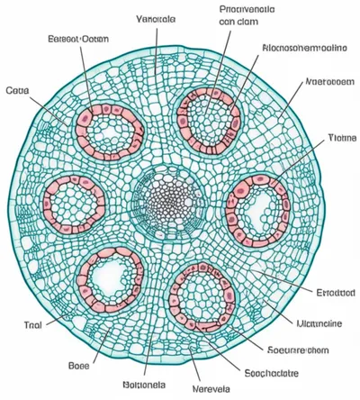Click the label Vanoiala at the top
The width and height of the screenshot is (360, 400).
click(x=157, y=19)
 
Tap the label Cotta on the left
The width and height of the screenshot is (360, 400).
click(x=17, y=91)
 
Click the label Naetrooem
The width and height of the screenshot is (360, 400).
click(x=328, y=81)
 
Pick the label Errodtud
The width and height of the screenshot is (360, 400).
click(x=336, y=293)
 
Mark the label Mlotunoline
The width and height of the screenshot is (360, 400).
click(x=326, y=322)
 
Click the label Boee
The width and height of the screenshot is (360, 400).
click(x=78, y=366)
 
